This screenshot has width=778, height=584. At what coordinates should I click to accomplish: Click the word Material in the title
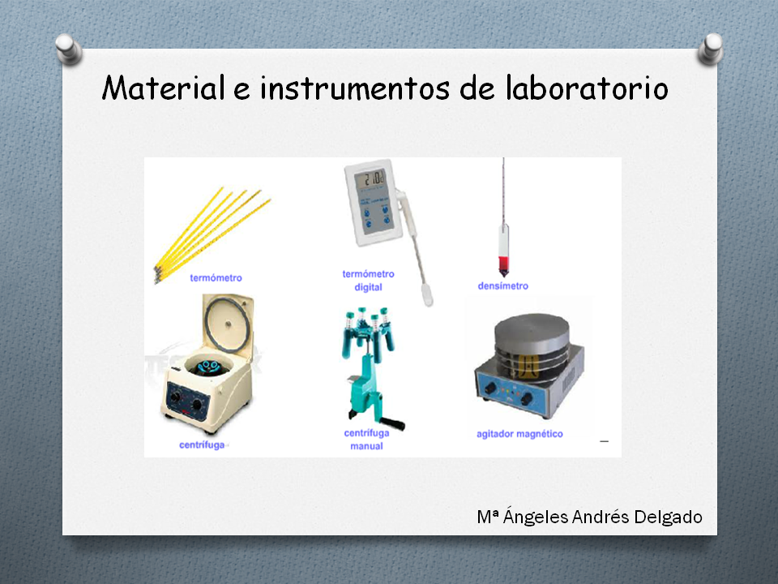163,88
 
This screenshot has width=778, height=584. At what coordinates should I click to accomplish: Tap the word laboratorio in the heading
587,88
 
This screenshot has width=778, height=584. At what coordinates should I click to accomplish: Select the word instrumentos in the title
355,88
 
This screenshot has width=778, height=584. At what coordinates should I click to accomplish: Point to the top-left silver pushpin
68,49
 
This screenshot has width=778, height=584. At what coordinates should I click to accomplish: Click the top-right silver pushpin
711,49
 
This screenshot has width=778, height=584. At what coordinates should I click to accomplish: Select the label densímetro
502,286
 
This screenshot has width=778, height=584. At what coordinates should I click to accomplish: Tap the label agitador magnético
519,433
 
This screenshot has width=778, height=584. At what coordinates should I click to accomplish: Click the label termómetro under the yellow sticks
216,277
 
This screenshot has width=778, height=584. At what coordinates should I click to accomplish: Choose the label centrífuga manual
366,439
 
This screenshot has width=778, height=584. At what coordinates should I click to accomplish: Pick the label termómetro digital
368,280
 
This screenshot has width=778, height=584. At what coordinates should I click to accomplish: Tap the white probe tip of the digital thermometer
427,295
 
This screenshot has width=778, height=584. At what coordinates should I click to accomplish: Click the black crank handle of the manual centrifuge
392,423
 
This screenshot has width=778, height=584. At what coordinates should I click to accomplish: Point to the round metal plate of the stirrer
532,331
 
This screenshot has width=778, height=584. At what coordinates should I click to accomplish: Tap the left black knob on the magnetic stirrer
490,389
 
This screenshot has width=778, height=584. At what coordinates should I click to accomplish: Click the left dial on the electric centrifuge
175,397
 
